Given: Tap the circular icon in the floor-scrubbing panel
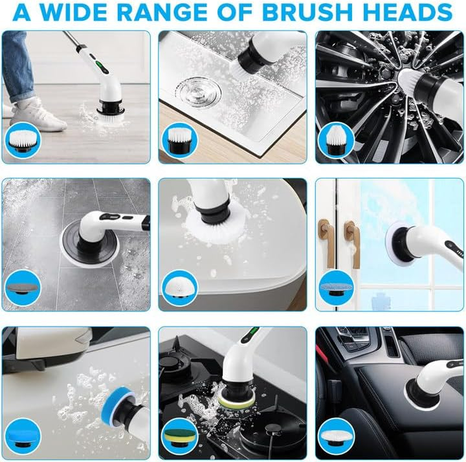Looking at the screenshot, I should pos(24,141).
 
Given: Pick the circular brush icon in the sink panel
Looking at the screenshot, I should pos(180,141).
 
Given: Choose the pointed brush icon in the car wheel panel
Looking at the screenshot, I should pos(336,141).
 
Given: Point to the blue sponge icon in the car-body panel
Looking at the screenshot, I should pos(24,435).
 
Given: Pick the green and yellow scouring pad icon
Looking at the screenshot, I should pos(180,435).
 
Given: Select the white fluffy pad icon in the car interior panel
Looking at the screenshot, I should pos(336,435).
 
